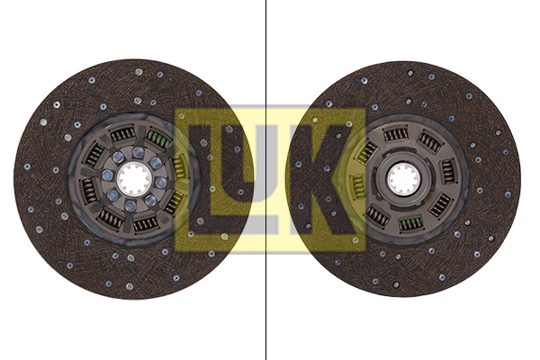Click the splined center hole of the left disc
click(132, 179)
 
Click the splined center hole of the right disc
click(403, 179)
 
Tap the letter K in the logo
click(323, 178)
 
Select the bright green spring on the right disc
click(410, 223)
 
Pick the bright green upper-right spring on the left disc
click(158, 138)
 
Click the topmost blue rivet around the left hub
click(138, 151)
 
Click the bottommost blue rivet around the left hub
click(130, 206)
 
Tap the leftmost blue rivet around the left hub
click(108, 175)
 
